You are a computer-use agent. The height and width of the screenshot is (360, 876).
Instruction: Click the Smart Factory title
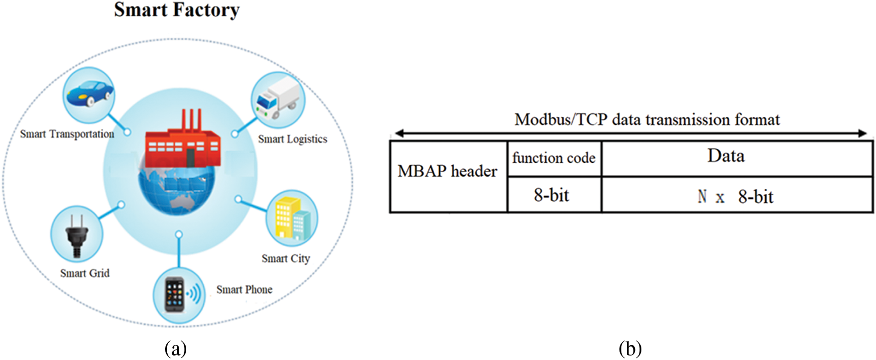[x=177, y=10]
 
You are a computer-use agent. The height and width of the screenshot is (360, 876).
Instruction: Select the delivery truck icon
[x=277, y=99]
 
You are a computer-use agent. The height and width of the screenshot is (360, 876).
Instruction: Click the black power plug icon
[x=76, y=235]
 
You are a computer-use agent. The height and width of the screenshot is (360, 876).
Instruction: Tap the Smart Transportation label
[x=67, y=134]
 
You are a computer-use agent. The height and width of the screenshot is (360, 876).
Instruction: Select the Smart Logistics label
[x=292, y=139]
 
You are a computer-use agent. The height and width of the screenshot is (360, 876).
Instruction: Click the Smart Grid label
[x=85, y=273]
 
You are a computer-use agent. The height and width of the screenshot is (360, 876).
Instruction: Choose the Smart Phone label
[x=244, y=290]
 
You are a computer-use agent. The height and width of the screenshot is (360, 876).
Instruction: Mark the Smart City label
[x=286, y=258]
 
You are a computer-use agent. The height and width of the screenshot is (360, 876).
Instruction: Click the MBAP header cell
[x=448, y=172]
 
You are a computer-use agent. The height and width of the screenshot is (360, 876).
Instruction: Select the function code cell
[x=554, y=158]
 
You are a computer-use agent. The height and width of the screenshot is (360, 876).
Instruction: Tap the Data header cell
[x=726, y=156]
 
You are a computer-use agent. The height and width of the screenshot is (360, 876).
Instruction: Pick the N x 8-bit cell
[x=736, y=196]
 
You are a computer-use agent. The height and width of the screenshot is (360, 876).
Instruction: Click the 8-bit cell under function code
[x=552, y=195]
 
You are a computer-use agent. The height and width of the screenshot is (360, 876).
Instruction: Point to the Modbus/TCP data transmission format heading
[x=647, y=120]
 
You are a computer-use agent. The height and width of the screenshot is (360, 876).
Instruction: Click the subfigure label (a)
[x=176, y=349]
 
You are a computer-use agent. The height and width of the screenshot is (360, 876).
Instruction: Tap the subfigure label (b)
[x=630, y=349]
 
